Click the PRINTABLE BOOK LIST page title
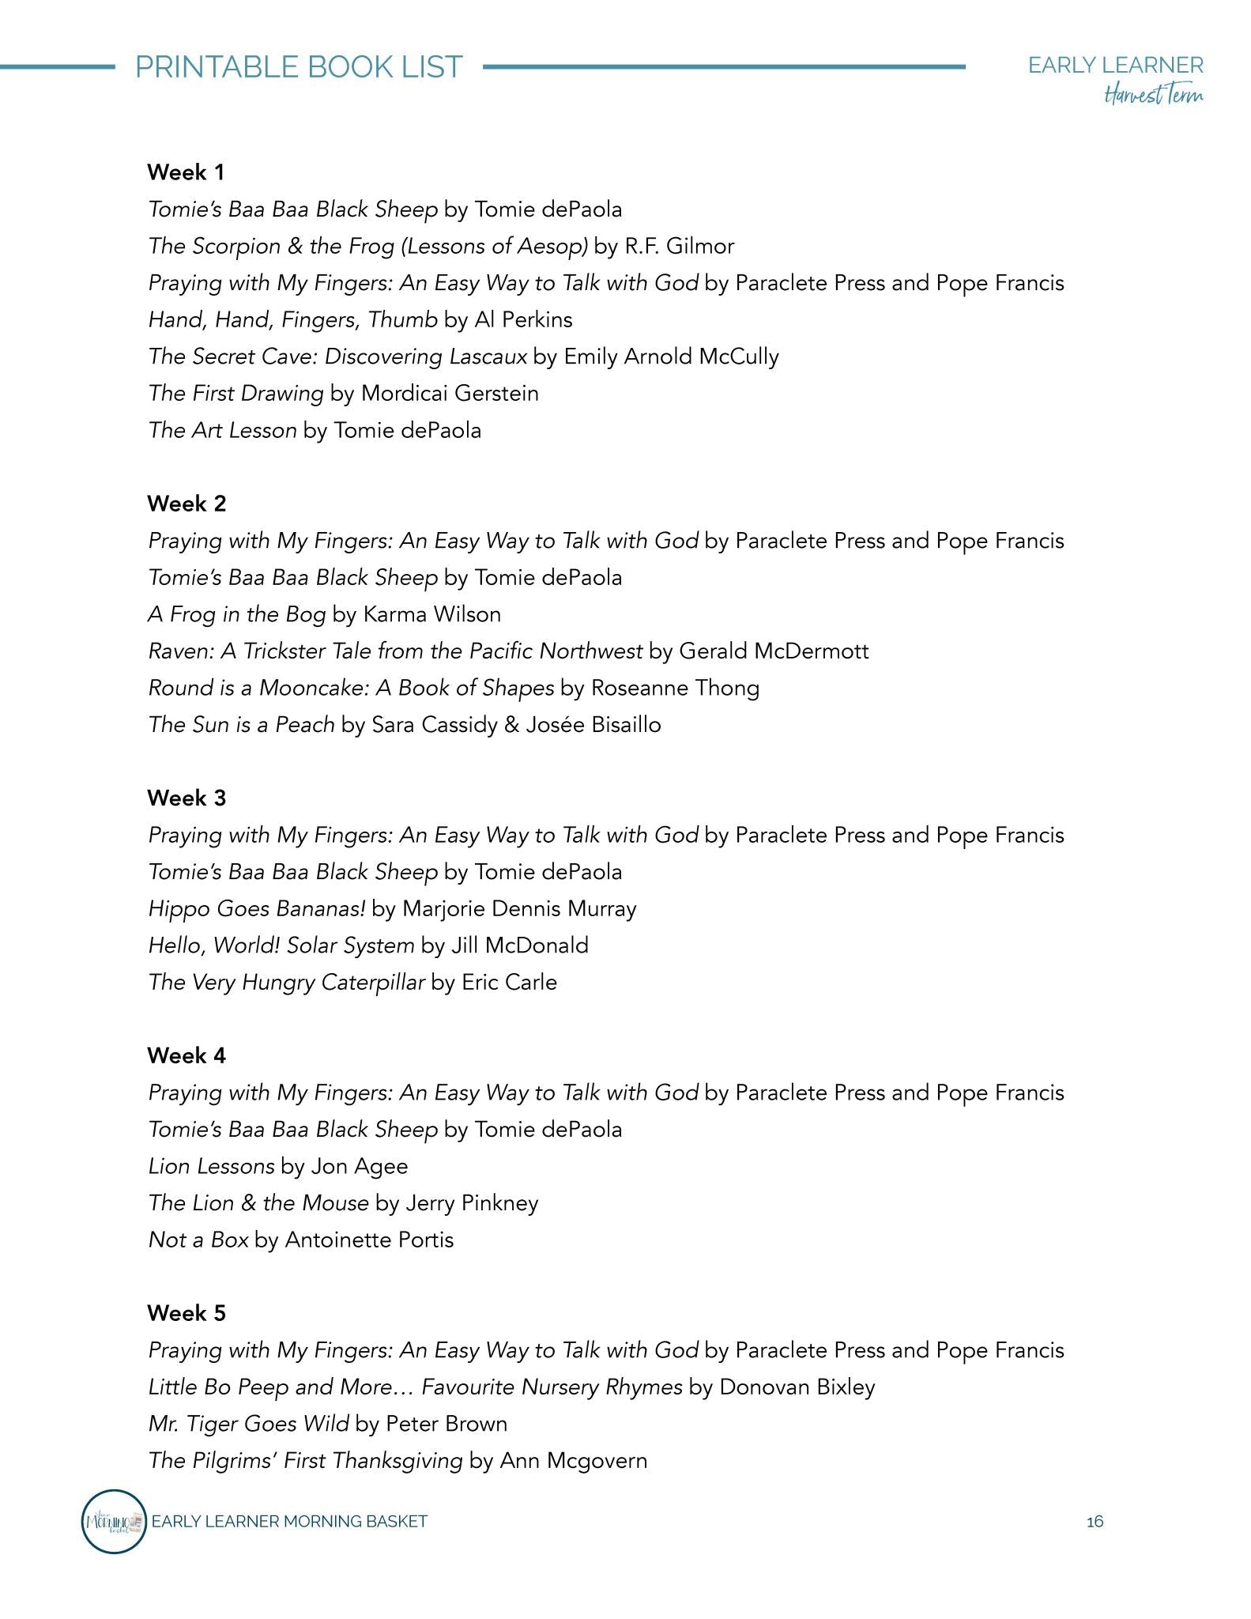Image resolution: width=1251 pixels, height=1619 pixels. point(299,67)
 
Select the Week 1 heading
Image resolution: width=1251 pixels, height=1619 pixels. point(187,172)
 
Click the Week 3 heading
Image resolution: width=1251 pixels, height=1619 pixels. point(187,798)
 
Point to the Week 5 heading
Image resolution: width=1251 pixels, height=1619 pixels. point(187,1314)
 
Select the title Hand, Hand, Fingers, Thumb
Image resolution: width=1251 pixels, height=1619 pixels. point(292,320)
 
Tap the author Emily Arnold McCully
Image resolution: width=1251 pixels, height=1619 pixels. point(671,357)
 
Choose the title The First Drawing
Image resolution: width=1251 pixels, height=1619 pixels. point(236,394)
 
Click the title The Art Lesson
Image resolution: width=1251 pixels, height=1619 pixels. point(222,431)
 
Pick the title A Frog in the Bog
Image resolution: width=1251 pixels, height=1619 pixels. point(236,615)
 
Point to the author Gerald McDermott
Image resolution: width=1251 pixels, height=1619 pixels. point(774,651)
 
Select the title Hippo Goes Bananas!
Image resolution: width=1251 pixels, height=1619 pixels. point(257,909)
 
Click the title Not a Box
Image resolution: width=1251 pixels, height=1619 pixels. point(198,1240)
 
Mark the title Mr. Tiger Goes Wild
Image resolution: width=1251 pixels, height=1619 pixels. point(248,1425)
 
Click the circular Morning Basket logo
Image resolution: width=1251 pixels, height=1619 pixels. point(115,1522)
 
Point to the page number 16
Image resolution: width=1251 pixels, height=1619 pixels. point(1095,1522)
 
